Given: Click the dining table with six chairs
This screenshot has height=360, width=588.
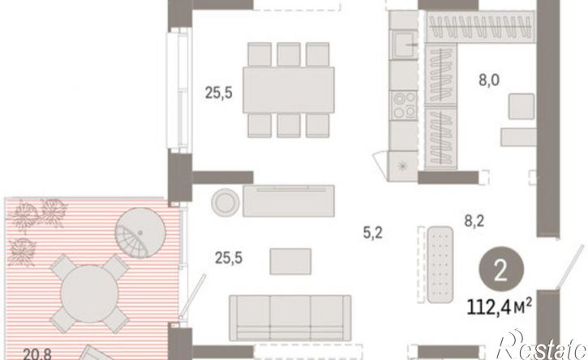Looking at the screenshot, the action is (289, 90).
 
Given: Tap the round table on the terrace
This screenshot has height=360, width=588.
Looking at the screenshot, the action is (89, 294).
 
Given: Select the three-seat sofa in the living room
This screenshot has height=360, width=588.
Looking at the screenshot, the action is (290, 318).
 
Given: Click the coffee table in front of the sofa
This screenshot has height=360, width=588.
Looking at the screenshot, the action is (290, 261).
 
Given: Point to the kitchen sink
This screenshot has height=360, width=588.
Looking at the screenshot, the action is (404, 45).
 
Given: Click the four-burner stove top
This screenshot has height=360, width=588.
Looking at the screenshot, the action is (404, 105).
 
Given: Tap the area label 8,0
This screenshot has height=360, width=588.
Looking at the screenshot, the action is (488, 80).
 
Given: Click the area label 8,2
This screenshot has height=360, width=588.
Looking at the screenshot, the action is (474, 221).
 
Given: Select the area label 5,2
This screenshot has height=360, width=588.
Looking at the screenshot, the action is (372, 234).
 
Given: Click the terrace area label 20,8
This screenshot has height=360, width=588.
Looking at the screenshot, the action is (37, 354).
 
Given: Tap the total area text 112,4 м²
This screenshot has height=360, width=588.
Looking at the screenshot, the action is (499, 307).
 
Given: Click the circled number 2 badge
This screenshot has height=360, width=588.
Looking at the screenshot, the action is (501, 271).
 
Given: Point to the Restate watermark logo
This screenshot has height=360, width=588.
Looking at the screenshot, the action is (543, 345).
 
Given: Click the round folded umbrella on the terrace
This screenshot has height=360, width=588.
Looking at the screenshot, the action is (140, 233).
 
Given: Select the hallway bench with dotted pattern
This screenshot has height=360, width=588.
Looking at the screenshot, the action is (440, 264).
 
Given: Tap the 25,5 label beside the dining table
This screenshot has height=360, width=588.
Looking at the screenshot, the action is (219, 92).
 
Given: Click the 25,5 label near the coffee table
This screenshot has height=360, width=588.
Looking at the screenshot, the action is (229, 258).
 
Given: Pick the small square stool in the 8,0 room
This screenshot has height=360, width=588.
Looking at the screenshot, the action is (521, 106).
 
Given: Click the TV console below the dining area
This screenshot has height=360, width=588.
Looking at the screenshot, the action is (289, 200).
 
